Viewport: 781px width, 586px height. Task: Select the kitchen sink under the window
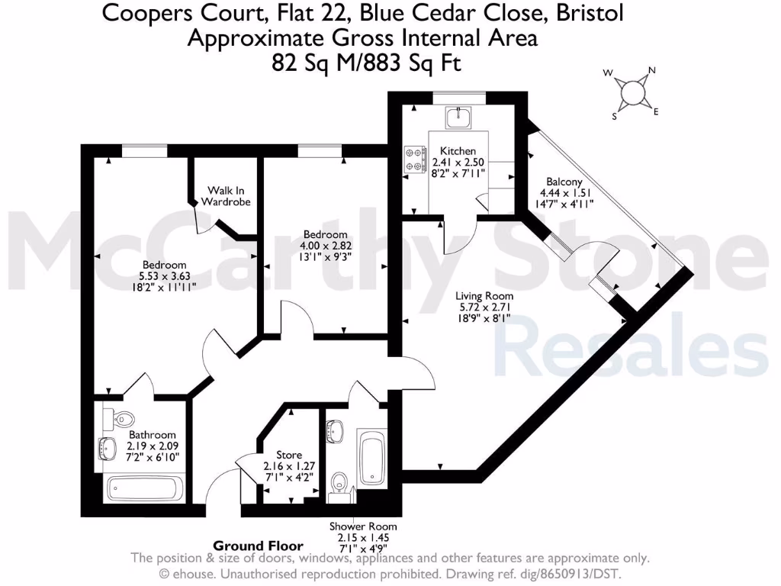459,116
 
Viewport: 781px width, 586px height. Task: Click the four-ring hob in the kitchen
416,159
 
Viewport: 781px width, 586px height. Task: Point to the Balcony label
564,182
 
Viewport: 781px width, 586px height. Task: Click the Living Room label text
484,296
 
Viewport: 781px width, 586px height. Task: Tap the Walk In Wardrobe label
226,196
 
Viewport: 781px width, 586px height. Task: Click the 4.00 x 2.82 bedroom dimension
326,246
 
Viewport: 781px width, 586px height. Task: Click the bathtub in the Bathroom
144,488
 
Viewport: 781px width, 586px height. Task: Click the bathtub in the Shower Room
372,459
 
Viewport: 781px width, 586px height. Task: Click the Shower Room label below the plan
363,526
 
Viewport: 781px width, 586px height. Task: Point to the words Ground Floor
258,546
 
